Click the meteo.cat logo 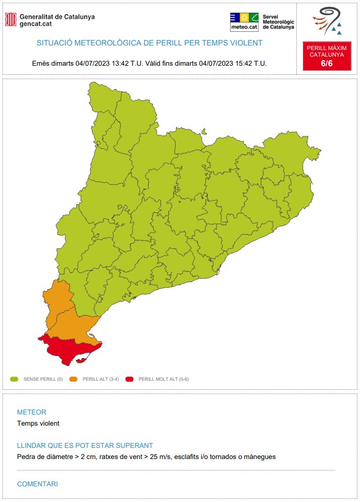click(x=244, y=22)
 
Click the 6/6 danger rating click(x=327, y=63)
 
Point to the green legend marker click(x=14, y=379)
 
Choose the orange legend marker click(x=73, y=379)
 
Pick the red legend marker click(x=129, y=379)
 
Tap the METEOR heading click(x=31, y=412)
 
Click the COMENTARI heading click(x=37, y=484)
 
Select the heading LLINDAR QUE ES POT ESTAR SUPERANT click(x=85, y=445)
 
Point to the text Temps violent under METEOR click(x=38, y=424)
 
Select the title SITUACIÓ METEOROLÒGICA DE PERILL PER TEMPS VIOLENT click(x=150, y=43)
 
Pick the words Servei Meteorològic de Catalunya click(x=278, y=22)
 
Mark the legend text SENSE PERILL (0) click(x=43, y=379)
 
